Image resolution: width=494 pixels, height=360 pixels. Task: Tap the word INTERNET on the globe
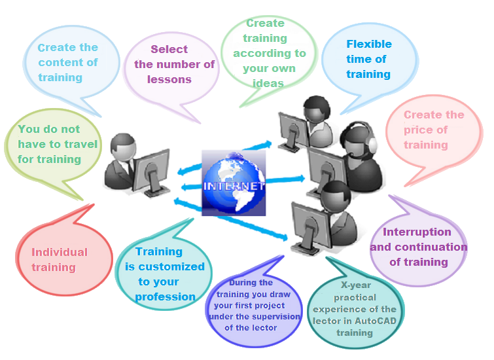click(x=234, y=186)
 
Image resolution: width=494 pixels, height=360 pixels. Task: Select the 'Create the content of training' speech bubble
click(x=68, y=62)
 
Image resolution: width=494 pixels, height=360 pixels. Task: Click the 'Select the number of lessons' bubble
click(x=173, y=64)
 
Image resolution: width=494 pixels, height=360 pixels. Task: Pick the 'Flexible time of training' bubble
click(x=369, y=59)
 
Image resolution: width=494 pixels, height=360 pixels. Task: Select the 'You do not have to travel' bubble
click(x=58, y=144)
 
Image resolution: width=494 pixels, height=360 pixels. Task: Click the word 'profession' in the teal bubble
click(x=166, y=297)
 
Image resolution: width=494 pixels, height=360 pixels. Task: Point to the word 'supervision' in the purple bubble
click(x=272, y=317)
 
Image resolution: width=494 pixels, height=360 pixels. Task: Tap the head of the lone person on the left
click(x=122, y=147)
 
